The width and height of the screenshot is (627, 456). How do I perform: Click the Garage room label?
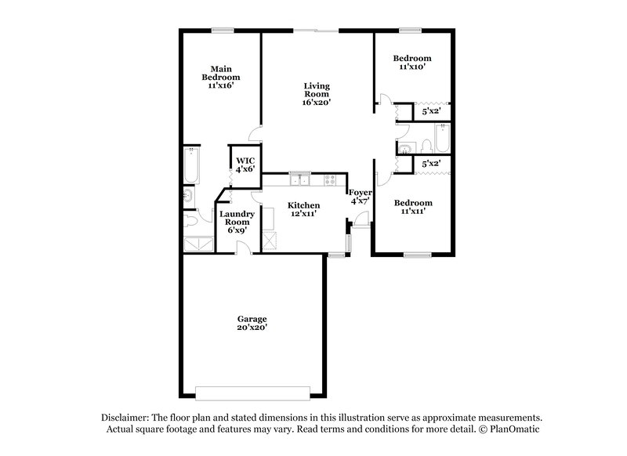click(x=252, y=323)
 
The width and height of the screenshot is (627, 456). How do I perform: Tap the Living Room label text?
click(x=317, y=93)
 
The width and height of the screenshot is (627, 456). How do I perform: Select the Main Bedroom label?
click(x=220, y=77)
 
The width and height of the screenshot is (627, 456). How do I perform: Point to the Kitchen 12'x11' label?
click(x=303, y=209)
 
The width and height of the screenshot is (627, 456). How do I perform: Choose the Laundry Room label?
click(x=235, y=223)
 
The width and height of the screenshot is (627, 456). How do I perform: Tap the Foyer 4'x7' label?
click(x=361, y=196)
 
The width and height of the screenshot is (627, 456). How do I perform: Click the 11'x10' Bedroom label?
click(x=412, y=63)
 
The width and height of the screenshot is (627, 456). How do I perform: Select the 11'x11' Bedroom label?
click(x=412, y=207)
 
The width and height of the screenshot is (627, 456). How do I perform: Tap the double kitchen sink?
click(x=298, y=181)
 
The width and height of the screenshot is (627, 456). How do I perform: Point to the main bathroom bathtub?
click(x=192, y=165)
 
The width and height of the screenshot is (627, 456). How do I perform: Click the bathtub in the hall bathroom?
click(x=443, y=141)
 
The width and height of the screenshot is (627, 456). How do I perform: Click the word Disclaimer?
click(x=126, y=418)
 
